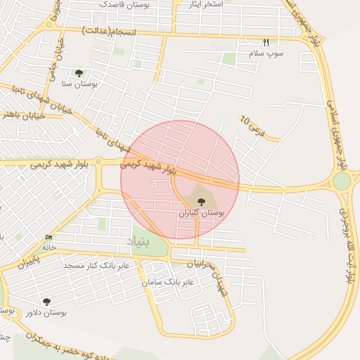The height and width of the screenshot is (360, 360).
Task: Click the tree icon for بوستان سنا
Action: point(79,72)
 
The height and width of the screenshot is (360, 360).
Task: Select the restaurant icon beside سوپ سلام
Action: point(265,42)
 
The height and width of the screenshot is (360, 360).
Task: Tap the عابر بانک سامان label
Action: point(167,282)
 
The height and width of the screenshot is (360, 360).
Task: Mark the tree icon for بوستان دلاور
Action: point(46,302)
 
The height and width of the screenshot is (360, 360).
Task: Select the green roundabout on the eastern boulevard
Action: point(342,181)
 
